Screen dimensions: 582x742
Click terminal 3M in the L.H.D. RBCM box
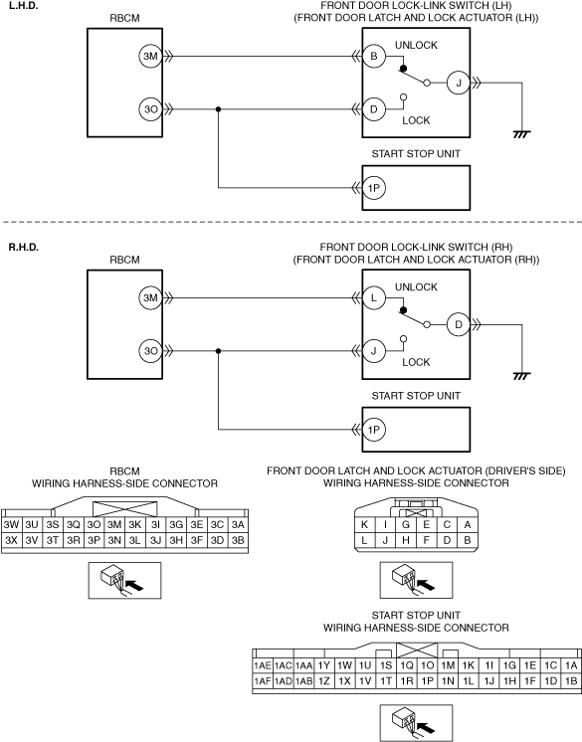click(x=150, y=57)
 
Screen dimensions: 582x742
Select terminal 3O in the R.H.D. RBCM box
click(x=150, y=351)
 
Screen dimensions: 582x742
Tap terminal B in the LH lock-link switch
click(x=374, y=57)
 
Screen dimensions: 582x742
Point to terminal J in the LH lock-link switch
click(x=458, y=83)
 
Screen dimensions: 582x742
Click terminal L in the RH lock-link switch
click(x=374, y=298)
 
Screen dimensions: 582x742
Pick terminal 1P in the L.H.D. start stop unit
click(x=374, y=188)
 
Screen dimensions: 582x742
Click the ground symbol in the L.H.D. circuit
click(x=521, y=134)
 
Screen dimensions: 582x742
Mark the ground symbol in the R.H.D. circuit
click(x=521, y=376)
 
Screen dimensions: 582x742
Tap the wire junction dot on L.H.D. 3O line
click(x=218, y=109)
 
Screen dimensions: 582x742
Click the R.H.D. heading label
click(x=24, y=247)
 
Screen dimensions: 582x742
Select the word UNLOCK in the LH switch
click(x=417, y=45)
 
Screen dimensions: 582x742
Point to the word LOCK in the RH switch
click(x=417, y=362)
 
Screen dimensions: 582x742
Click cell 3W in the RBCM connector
click(x=11, y=525)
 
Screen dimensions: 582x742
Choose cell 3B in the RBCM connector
click(x=238, y=540)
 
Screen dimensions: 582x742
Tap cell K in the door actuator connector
click(x=364, y=524)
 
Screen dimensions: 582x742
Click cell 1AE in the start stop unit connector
click(x=263, y=665)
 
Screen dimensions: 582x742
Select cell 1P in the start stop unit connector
click(x=427, y=681)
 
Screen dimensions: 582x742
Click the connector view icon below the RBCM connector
click(x=125, y=580)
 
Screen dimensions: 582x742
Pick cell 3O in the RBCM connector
click(x=94, y=525)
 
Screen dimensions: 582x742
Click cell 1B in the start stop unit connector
click(x=571, y=681)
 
